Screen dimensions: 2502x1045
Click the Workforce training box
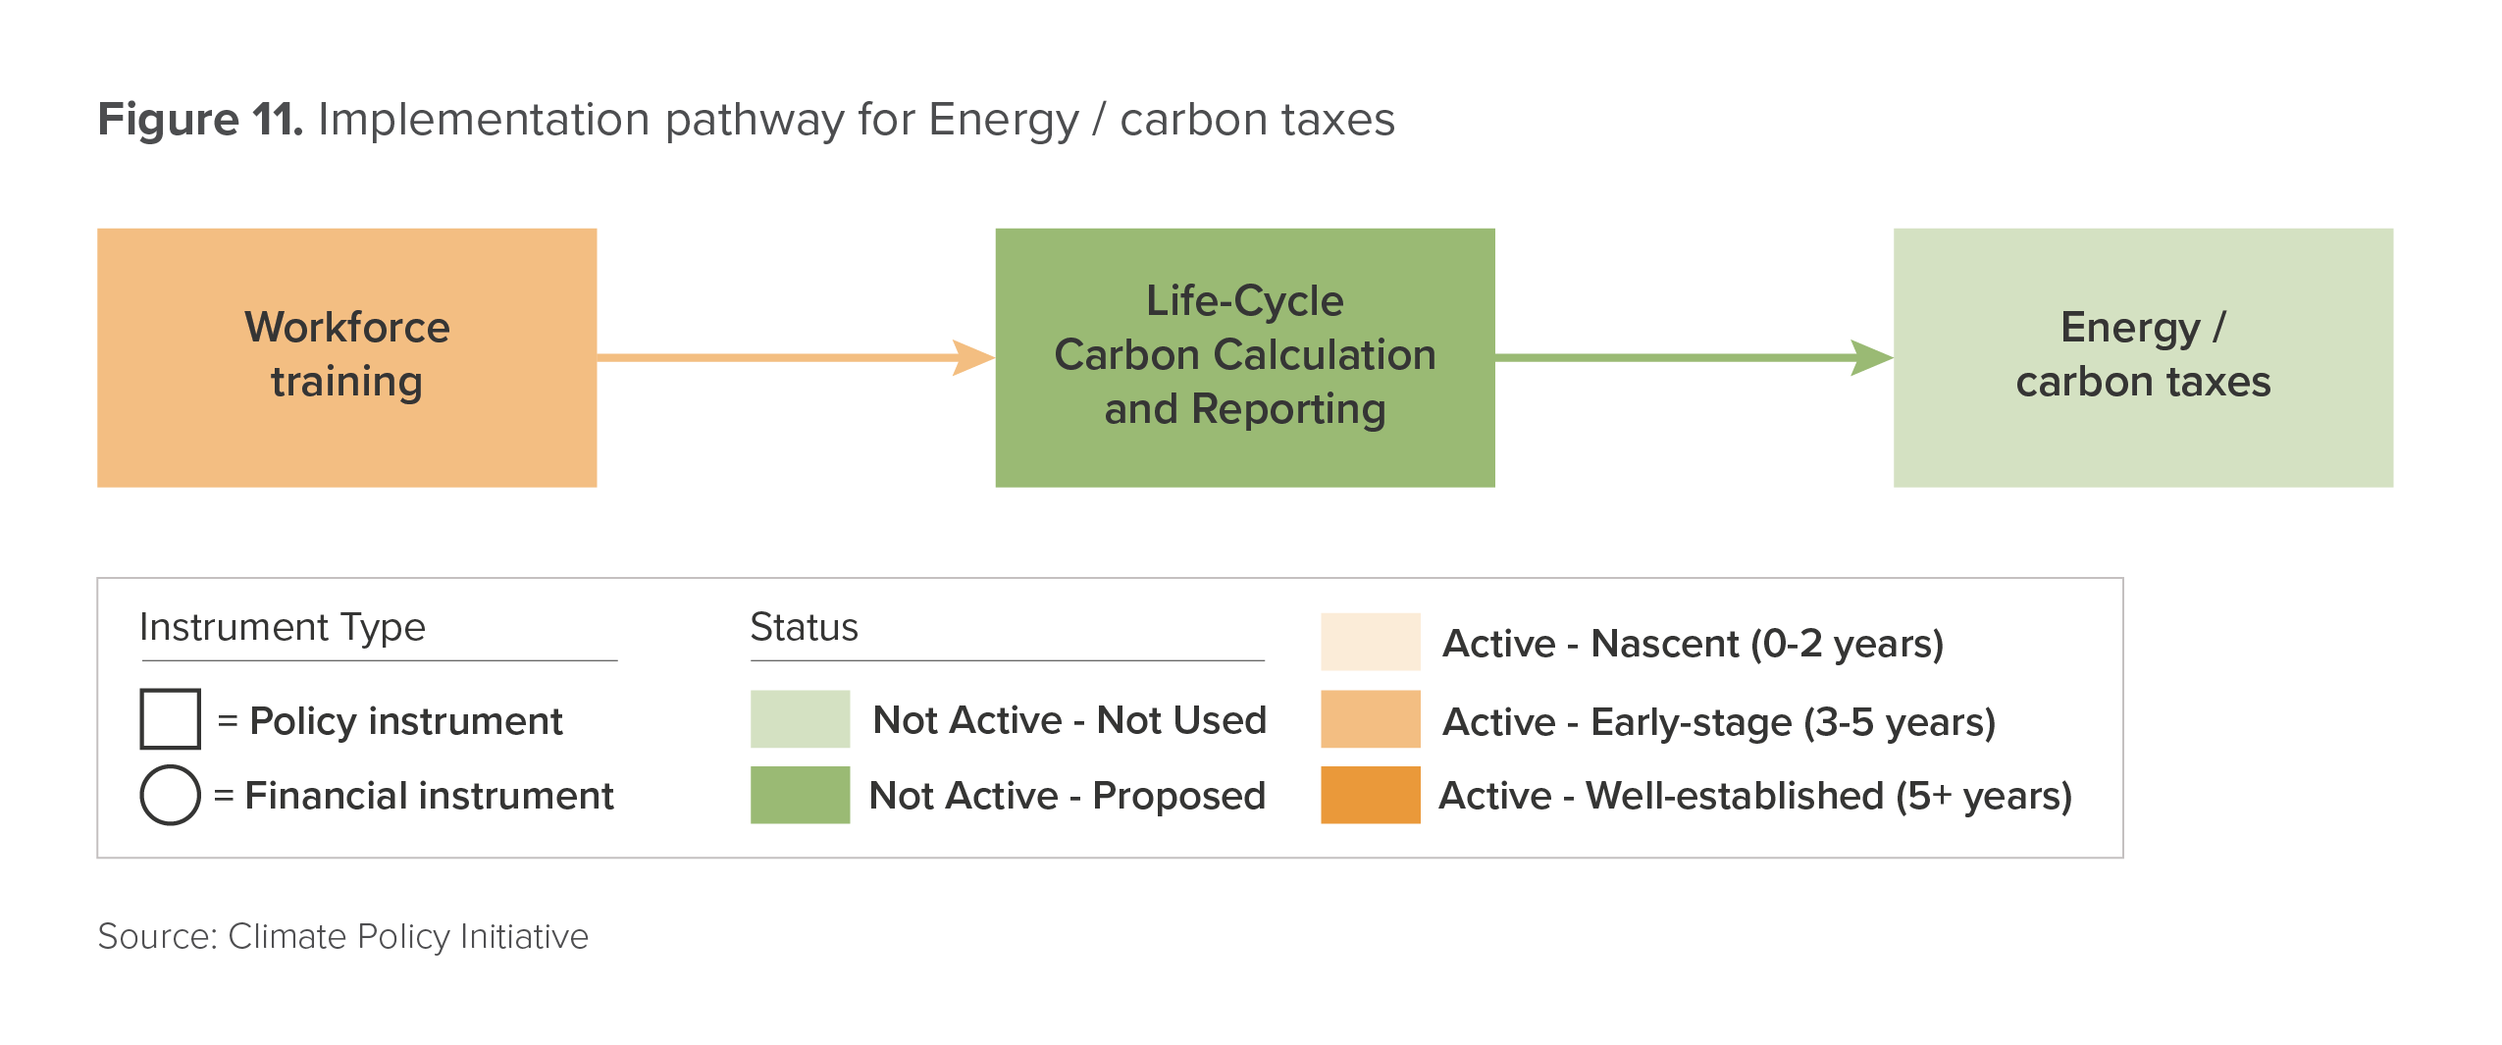point(346,357)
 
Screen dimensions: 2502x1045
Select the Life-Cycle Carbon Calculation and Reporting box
point(1245,357)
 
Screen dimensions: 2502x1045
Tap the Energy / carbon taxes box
point(2143,357)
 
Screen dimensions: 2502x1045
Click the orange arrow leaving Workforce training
point(796,357)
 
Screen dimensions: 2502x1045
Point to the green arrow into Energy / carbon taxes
point(1694,357)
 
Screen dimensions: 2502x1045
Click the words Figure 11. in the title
point(200,120)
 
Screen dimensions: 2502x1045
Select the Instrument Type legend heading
point(283,627)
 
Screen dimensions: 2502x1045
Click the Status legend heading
point(804,627)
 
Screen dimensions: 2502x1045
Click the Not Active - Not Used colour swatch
point(800,719)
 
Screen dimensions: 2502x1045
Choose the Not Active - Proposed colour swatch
point(800,795)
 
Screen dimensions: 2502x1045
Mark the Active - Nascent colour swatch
point(1370,642)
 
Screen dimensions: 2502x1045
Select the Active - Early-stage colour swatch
point(1370,719)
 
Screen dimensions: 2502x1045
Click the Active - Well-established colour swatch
point(1370,795)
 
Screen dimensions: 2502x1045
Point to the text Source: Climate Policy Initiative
point(342,936)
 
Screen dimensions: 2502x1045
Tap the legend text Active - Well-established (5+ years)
point(1755,796)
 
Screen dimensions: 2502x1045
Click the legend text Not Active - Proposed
point(1068,796)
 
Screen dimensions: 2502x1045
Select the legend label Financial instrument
point(429,796)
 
